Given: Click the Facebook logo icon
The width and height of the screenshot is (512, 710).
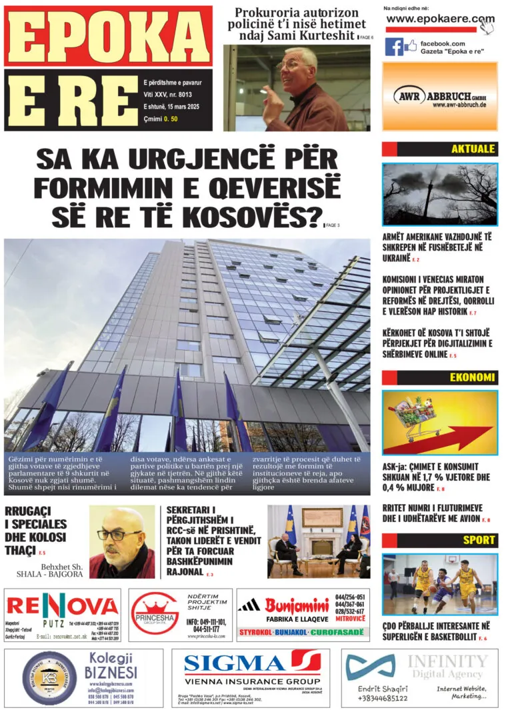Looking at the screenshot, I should point(393,47).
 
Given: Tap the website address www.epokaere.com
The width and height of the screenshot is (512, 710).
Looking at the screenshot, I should point(440,19).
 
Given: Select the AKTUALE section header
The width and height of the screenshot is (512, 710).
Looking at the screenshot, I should point(473,149).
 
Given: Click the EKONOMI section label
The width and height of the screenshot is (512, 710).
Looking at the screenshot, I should point(472,377).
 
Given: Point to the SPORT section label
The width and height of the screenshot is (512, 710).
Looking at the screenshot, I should point(479,540).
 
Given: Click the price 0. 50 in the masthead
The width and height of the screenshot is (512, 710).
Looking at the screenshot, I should point(171,119).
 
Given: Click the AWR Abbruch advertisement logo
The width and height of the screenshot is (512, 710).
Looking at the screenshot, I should point(440,96).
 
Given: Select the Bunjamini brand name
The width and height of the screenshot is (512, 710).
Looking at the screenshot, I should point(297,605).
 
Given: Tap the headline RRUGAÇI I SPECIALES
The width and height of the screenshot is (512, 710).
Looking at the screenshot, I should point(36,523).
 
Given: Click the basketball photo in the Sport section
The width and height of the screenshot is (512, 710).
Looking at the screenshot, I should point(440,584).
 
